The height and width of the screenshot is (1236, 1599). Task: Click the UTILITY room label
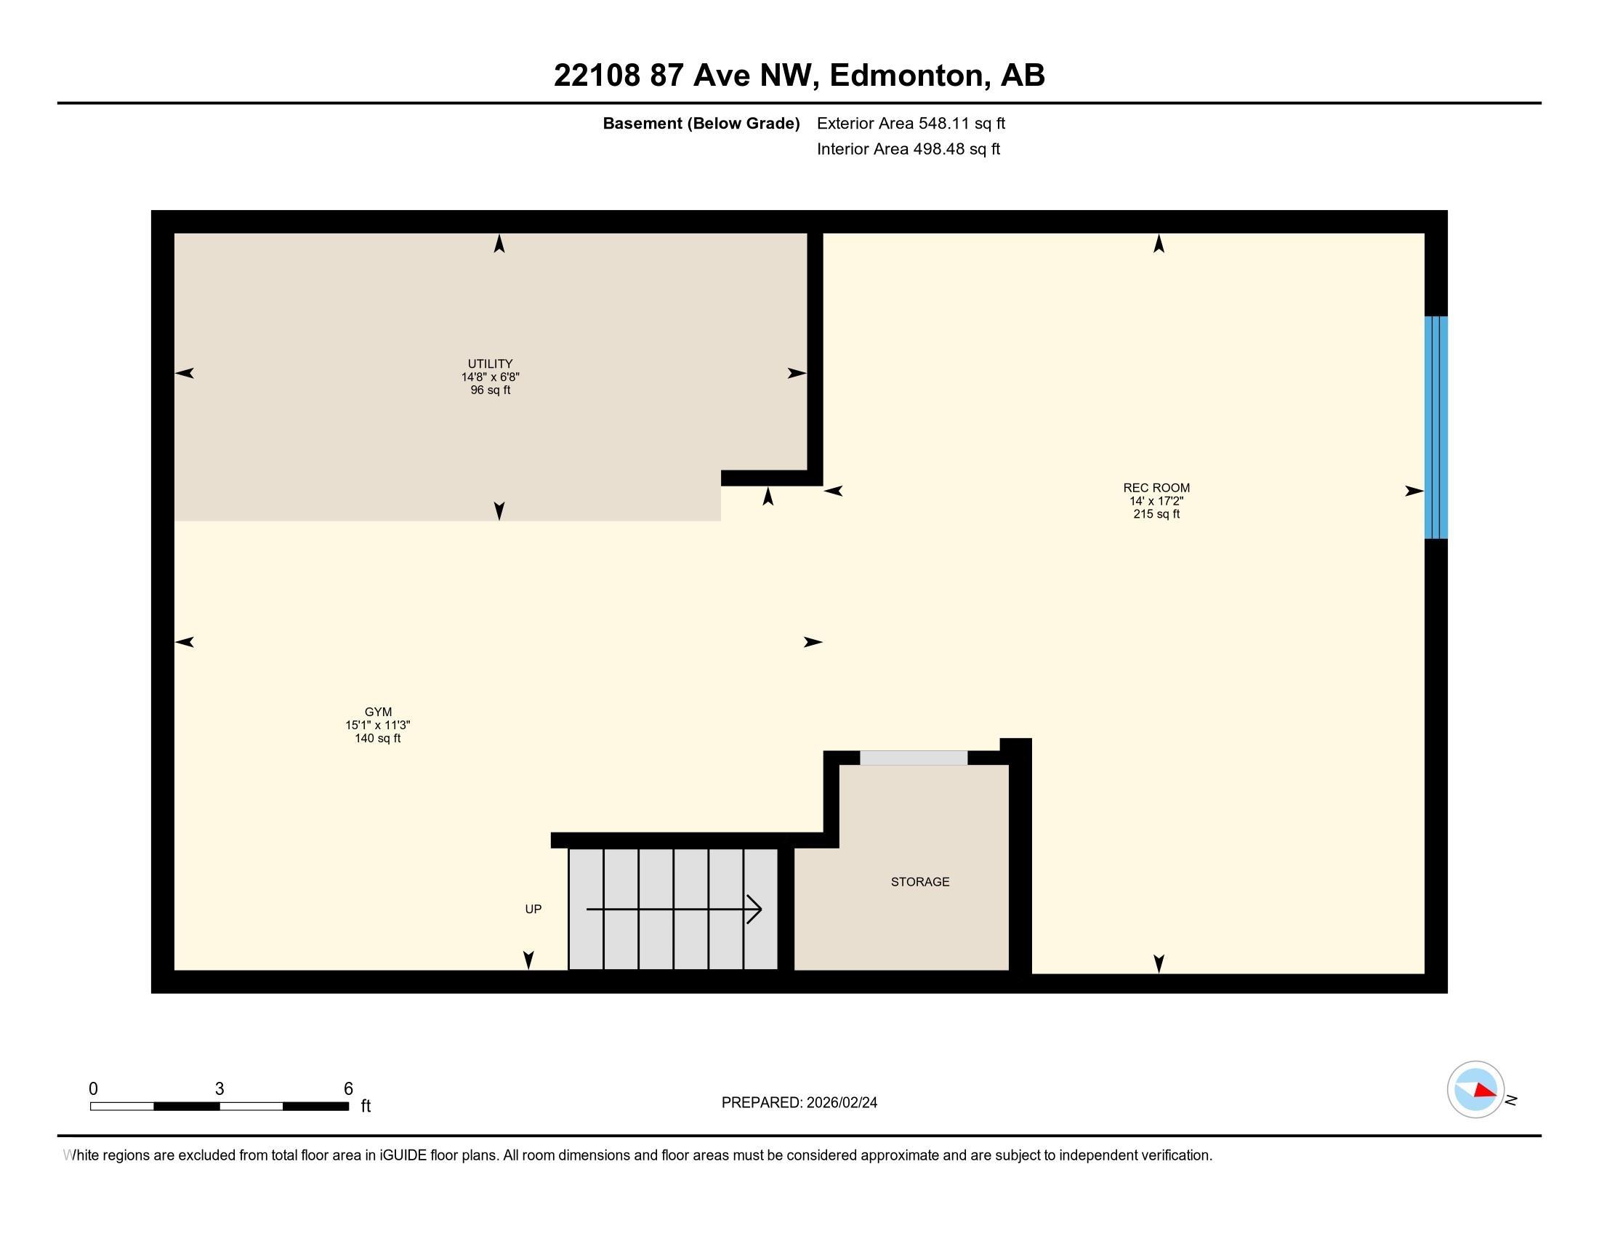[490, 364]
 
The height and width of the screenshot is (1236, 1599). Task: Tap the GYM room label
[378, 712]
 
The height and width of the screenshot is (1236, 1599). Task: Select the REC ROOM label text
[1156, 488]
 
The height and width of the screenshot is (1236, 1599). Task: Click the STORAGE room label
[919, 882]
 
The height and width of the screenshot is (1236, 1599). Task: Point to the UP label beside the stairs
[533, 909]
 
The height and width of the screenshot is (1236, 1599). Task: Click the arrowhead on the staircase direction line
[756, 910]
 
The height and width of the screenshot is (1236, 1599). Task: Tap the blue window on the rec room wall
[1435, 427]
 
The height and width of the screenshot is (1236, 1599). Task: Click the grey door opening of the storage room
[913, 758]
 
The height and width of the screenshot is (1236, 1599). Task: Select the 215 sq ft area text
[1156, 514]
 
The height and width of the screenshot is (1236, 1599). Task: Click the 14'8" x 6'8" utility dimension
[490, 377]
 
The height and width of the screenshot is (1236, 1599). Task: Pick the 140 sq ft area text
[378, 738]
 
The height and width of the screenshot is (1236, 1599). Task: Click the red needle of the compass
[1484, 1091]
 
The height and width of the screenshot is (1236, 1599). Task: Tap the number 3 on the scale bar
[219, 1089]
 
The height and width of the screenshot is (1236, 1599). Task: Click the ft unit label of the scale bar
[366, 1106]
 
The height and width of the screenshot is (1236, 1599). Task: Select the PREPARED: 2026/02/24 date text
[799, 1102]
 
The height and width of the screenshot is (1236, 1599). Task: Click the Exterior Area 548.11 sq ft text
[910, 123]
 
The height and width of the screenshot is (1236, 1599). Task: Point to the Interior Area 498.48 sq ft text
[908, 148]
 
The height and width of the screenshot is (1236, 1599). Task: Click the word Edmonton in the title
[906, 75]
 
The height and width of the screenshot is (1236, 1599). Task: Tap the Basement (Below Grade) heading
[701, 123]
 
